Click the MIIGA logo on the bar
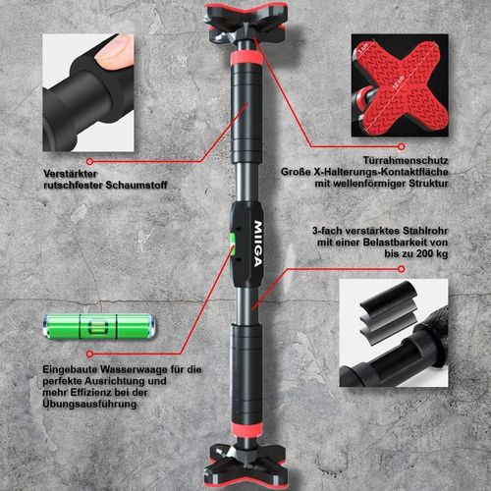(x=258, y=245)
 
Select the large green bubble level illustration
(x=99, y=326)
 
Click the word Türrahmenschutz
(x=406, y=161)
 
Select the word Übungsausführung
(x=89, y=404)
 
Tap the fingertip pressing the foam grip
(x=115, y=52)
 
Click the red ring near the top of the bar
(x=245, y=58)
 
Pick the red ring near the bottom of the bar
(x=246, y=429)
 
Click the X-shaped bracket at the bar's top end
(x=245, y=23)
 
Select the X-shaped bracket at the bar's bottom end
(x=246, y=465)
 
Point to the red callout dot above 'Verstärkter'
(x=89, y=161)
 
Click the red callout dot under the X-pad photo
(x=401, y=146)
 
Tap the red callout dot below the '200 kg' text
(x=401, y=269)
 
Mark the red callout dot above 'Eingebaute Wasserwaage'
(x=89, y=354)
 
